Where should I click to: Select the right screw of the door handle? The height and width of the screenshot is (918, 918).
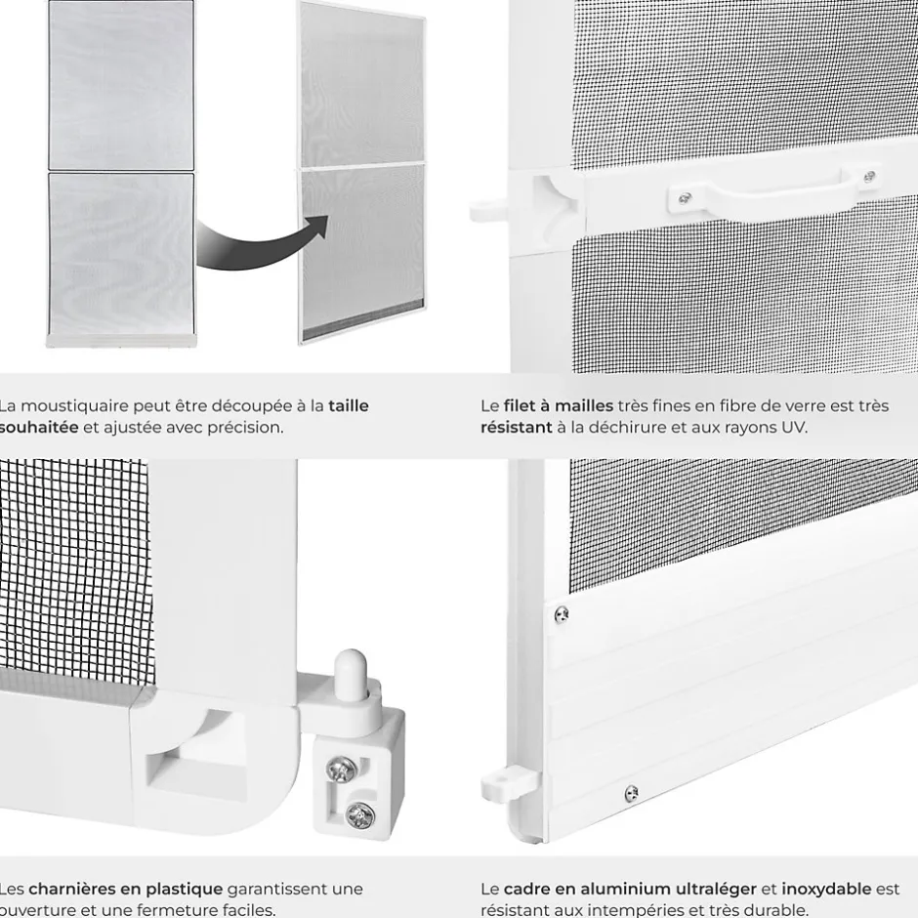(868, 177)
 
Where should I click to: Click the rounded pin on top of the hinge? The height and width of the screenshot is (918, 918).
(349, 675)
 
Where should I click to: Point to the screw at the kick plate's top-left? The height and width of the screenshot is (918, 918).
(562, 614)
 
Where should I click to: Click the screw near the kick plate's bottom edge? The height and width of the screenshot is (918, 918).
(631, 793)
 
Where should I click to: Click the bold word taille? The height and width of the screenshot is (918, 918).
(349, 405)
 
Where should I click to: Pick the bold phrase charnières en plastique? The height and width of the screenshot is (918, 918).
(125, 889)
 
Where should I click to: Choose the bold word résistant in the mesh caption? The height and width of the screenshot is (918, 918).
(516, 427)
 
